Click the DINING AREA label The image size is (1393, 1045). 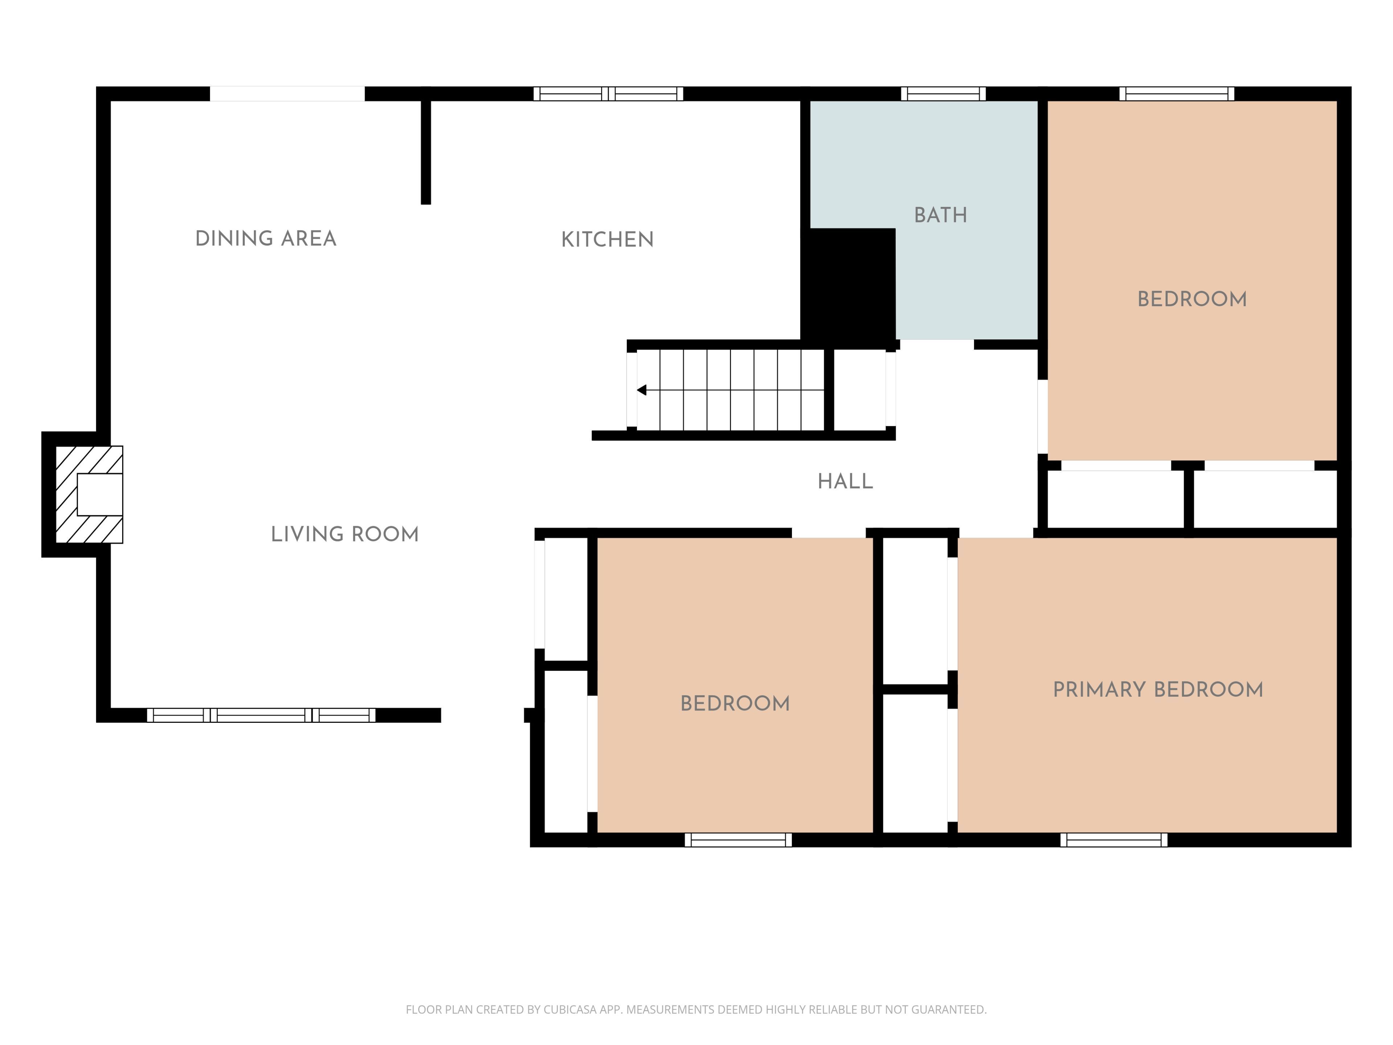[266, 239]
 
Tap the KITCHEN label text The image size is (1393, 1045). [607, 239]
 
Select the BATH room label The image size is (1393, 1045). [940, 216]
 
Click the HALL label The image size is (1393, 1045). [845, 482]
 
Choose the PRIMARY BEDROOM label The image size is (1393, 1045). [1158, 690]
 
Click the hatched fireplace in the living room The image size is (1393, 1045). [89, 495]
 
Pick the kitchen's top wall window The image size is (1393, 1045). [608, 94]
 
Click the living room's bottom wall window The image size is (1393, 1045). [261, 715]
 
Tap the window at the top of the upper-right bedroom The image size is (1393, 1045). [1176, 94]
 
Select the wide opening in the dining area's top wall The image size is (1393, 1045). [287, 94]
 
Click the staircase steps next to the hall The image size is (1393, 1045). [731, 390]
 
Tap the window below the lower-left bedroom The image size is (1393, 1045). [738, 840]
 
